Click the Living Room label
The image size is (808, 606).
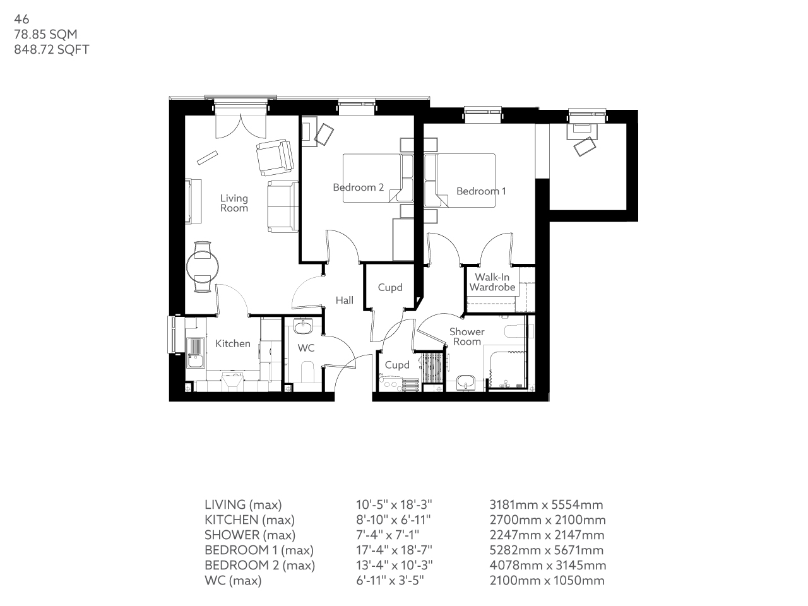(x=234, y=203)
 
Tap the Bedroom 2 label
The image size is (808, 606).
(x=358, y=187)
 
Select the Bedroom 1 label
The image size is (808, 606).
(x=481, y=191)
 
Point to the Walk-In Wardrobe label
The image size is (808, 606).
(x=492, y=282)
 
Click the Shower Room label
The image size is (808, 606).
(x=467, y=336)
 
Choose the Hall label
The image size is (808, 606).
(x=344, y=300)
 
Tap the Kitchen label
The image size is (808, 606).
(x=233, y=343)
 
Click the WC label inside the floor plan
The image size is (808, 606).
(x=306, y=348)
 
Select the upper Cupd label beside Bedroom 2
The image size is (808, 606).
(x=389, y=287)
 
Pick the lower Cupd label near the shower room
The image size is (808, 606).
(x=397, y=365)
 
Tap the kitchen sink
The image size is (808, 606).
(x=195, y=349)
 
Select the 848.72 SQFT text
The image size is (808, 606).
(x=52, y=50)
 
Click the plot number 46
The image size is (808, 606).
(x=21, y=20)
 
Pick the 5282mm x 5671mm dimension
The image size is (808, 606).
(x=547, y=550)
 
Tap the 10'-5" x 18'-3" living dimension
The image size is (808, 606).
(x=394, y=505)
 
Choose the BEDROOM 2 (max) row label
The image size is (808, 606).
(x=259, y=566)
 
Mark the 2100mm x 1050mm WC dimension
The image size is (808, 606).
(x=547, y=581)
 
